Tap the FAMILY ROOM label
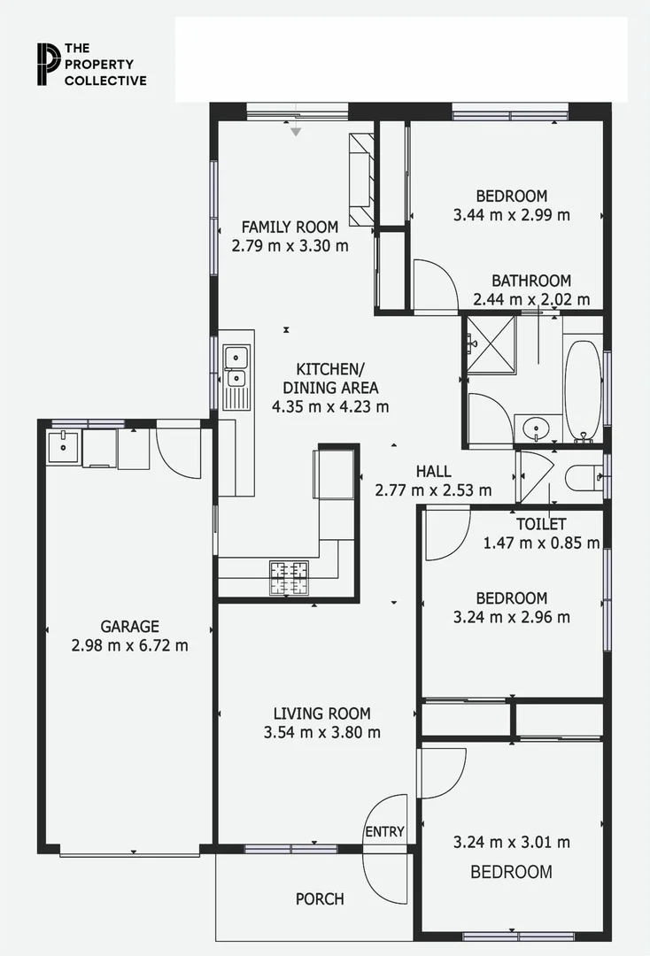click(x=290, y=227)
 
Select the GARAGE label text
click(x=129, y=627)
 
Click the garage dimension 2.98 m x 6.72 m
click(x=129, y=646)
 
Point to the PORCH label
click(x=320, y=899)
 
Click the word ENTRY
click(x=384, y=832)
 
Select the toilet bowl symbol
click(x=585, y=477)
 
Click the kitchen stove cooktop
click(x=290, y=577)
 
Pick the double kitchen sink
click(x=236, y=368)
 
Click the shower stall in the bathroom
click(x=491, y=344)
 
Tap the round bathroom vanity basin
click(x=536, y=429)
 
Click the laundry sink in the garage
click(x=64, y=446)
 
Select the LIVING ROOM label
click(x=321, y=713)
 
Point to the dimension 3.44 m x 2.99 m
click(x=511, y=215)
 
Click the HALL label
click(x=433, y=472)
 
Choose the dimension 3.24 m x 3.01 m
click(x=511, y=843)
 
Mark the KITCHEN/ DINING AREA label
click(x=330, y=378)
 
